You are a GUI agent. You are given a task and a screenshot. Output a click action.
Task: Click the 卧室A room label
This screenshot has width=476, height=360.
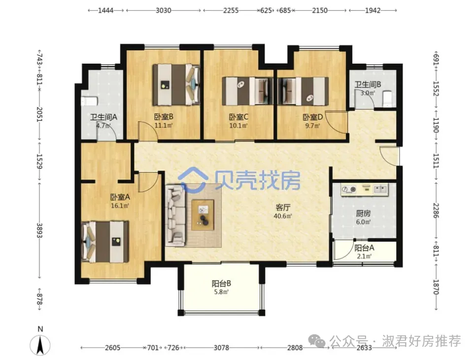[x=120, y=197]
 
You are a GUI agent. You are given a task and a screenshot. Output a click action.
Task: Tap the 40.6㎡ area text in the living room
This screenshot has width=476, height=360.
[x=283, y=216]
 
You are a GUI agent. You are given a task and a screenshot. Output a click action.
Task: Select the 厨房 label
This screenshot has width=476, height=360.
[x=363, y=214]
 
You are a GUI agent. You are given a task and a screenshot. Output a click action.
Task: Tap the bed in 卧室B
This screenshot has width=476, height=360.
[x=176, y=84]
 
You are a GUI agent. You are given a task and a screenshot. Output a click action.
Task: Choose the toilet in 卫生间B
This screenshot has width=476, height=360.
[x=388, y=99]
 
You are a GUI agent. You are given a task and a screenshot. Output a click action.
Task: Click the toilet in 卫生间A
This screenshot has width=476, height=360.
[x=90, y=101]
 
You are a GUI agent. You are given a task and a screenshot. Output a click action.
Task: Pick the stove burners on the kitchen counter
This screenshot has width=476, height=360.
[x=348, y=189]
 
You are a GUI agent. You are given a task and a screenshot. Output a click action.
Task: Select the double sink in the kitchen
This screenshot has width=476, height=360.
[x=380, y=189]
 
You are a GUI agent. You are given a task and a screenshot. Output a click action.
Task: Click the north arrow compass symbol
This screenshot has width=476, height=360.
[x=40, y=345]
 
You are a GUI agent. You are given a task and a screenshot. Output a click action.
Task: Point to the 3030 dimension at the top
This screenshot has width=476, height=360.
[x=163, y=10]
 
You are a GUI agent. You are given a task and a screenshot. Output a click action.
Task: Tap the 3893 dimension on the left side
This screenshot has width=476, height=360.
[x=39, y=231]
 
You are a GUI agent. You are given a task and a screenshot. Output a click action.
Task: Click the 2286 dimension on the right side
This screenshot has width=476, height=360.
[x=436, y=210]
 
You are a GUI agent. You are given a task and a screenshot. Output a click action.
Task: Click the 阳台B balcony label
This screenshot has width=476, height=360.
[x=221, y=284]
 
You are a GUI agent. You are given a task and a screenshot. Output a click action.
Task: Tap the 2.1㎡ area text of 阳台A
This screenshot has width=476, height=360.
[x=364, y=256]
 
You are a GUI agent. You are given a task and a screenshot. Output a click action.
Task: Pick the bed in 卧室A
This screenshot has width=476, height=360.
[x=105, y=242]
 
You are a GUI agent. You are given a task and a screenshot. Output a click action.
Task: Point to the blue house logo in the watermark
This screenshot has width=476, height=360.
[x=193, y=180]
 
